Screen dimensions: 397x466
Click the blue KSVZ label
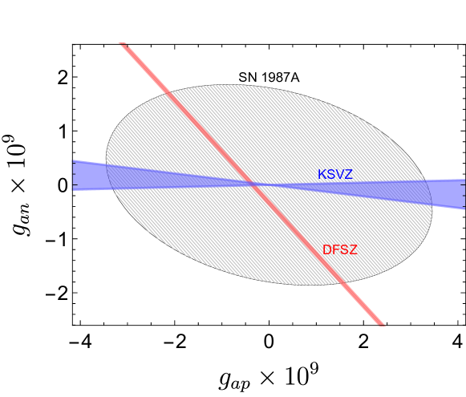[x=334, y=175]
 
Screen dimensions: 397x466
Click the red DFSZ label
[x=339, y=250]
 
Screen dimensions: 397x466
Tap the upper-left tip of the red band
[x=123, y=44]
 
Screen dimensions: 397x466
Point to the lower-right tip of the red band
[x=381, y=324]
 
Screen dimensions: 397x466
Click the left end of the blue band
[x=74, y=175]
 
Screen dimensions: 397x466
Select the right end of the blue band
[x=464, y=193]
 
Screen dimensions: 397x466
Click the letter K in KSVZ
[x=322, y=175]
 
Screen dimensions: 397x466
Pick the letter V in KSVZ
[x=339, y=175]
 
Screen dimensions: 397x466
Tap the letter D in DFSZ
[x=326, y=250]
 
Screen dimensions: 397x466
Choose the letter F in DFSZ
[x=335, y=250]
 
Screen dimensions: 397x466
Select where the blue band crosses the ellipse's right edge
[x=431, y=192]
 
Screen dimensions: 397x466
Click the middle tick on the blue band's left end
[x=73, y=175]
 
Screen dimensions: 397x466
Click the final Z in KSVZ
[x=348, y=175]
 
